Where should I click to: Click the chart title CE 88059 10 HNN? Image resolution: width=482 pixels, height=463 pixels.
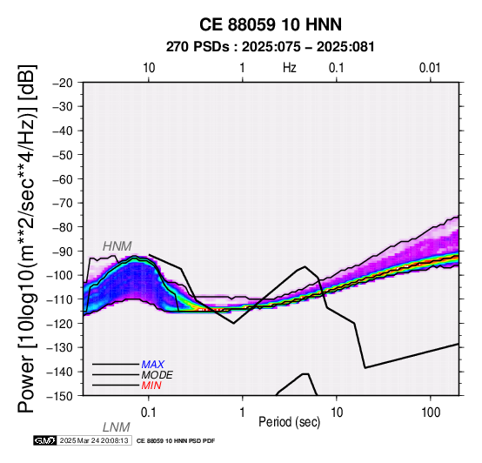point(271,24)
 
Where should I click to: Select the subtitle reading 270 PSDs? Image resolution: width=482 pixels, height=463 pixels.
point(197,47)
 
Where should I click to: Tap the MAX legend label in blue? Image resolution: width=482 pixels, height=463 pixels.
point(153,365)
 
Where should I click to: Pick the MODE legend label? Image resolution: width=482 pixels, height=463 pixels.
point(157,375)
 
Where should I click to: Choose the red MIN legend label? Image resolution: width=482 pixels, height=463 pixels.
point(151,386)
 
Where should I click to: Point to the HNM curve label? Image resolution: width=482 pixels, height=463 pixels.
point(117,246)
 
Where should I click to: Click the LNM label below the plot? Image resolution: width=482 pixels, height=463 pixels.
point(117,427)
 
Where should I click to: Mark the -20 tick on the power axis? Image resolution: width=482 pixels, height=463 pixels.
point(63,83)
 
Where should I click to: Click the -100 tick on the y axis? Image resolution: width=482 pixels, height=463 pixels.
point(59,275)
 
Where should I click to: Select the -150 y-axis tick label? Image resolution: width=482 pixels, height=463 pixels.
point(59,396)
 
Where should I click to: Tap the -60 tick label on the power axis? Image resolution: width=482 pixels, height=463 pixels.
point(63,179)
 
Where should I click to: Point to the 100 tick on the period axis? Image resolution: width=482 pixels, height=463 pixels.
point(431,413)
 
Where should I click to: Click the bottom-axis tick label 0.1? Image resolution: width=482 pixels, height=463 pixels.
point(149,413)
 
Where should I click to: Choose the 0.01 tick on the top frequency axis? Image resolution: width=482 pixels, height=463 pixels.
point(430,68)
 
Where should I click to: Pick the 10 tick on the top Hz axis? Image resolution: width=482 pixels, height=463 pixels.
point(149,68)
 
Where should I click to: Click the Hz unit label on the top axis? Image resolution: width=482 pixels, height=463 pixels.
point(290,68)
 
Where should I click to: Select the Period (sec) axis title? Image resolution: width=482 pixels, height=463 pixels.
point(290,422)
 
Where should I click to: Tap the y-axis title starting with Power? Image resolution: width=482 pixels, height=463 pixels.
point(27,238)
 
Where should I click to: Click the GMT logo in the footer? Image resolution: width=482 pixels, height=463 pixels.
point(45,440)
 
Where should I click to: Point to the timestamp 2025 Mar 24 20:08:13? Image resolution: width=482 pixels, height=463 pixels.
point(94,440)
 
